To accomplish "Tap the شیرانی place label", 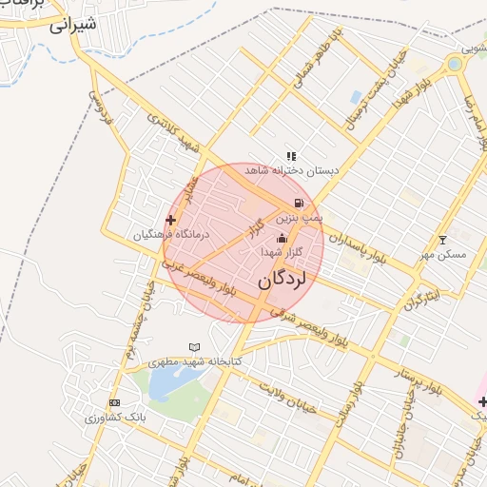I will pos(72,26).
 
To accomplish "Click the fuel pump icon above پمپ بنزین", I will pos(300,203).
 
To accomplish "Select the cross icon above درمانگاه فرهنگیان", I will pos(170,221).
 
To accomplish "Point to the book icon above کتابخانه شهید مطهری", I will pos(195,348).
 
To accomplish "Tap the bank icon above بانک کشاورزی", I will pos(115,402).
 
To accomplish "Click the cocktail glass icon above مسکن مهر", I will pos(441,240).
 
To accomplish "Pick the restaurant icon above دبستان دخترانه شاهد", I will pos(291,156).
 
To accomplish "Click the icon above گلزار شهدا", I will pos(281,238).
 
